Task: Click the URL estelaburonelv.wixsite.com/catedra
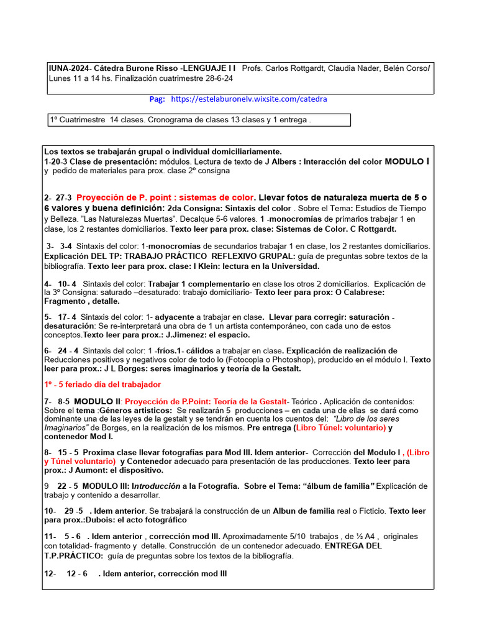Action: click(x=248, y=99)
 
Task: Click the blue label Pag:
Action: click(x=157, y=99)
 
